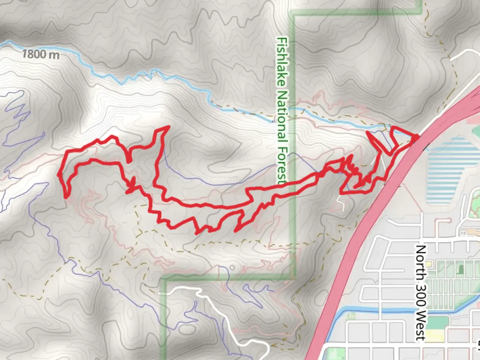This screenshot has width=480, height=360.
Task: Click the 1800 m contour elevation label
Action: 41,54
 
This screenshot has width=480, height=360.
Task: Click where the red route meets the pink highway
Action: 417,136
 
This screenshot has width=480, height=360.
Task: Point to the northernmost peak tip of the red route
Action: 168,127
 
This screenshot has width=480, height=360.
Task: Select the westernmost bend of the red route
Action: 59,175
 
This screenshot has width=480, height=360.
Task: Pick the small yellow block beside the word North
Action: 429,264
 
